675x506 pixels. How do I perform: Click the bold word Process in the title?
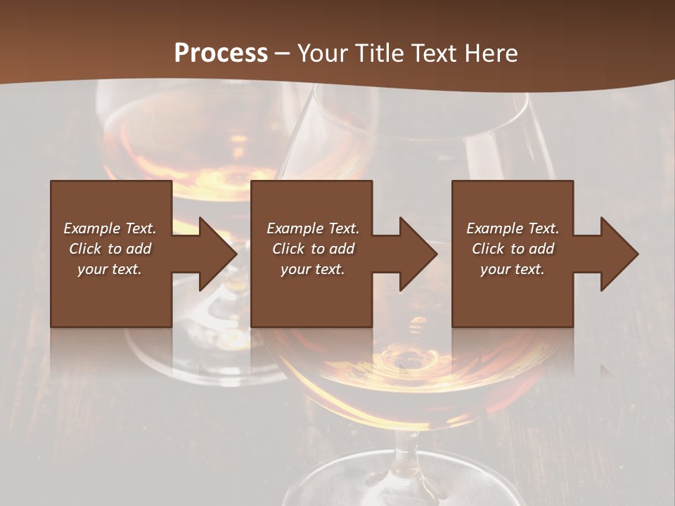coord(221,53)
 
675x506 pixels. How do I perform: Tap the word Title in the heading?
coord(377,53)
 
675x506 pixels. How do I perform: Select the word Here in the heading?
coord(492,53)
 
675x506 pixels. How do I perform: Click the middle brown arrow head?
coord(417,254)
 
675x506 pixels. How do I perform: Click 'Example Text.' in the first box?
coord(110,228)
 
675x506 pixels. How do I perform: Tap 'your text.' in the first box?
coord(110,269)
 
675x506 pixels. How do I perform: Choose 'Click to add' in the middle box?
coord(313,249)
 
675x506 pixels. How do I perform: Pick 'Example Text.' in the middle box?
coord(313,228)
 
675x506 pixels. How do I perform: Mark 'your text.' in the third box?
coord(512,269)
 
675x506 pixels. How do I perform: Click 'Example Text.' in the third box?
coord(512,228)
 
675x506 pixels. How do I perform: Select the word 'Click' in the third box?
coord(488,249)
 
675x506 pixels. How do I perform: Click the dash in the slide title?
coord(283,53)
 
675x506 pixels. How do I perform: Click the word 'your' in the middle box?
coord(295,269)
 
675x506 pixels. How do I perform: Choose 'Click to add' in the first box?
coord(110,249)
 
